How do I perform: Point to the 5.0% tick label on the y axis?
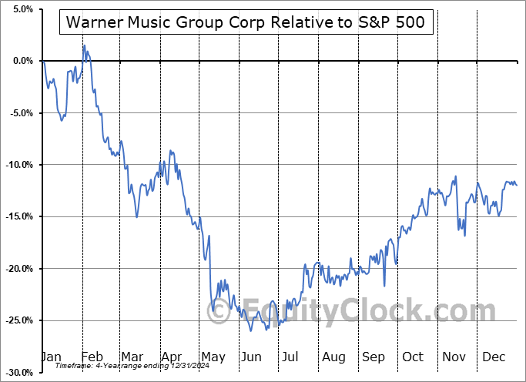click(21, 9)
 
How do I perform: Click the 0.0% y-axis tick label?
click(21, 61)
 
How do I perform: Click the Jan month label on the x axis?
click(51, 357)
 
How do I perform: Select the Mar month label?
click(132, 357)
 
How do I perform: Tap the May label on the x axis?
click(213, 357)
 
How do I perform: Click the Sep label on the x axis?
click(374, 357)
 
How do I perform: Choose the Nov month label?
click(455, 357)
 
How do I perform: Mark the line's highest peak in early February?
click(84, 45)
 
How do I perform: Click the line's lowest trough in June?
click(251, 331)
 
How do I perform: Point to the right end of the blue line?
click(517, 185)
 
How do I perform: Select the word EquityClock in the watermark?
click(354, 312)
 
